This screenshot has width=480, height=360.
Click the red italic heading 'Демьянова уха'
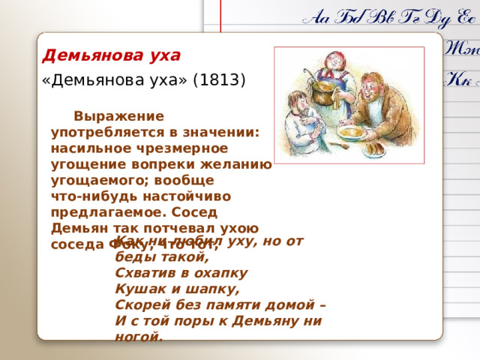tap(112, 55)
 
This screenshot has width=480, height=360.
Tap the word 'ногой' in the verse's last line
tap(138, 337)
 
